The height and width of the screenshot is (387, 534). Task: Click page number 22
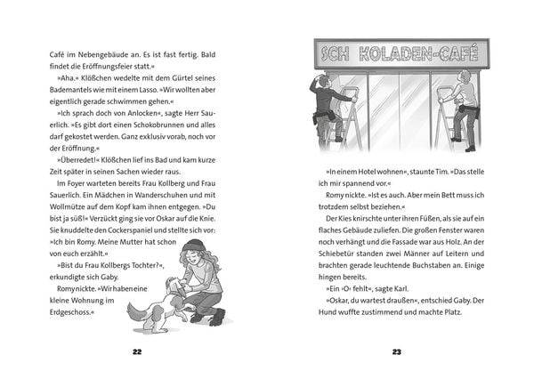tap(136, 352)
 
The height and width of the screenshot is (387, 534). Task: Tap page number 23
tap(397, 352)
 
